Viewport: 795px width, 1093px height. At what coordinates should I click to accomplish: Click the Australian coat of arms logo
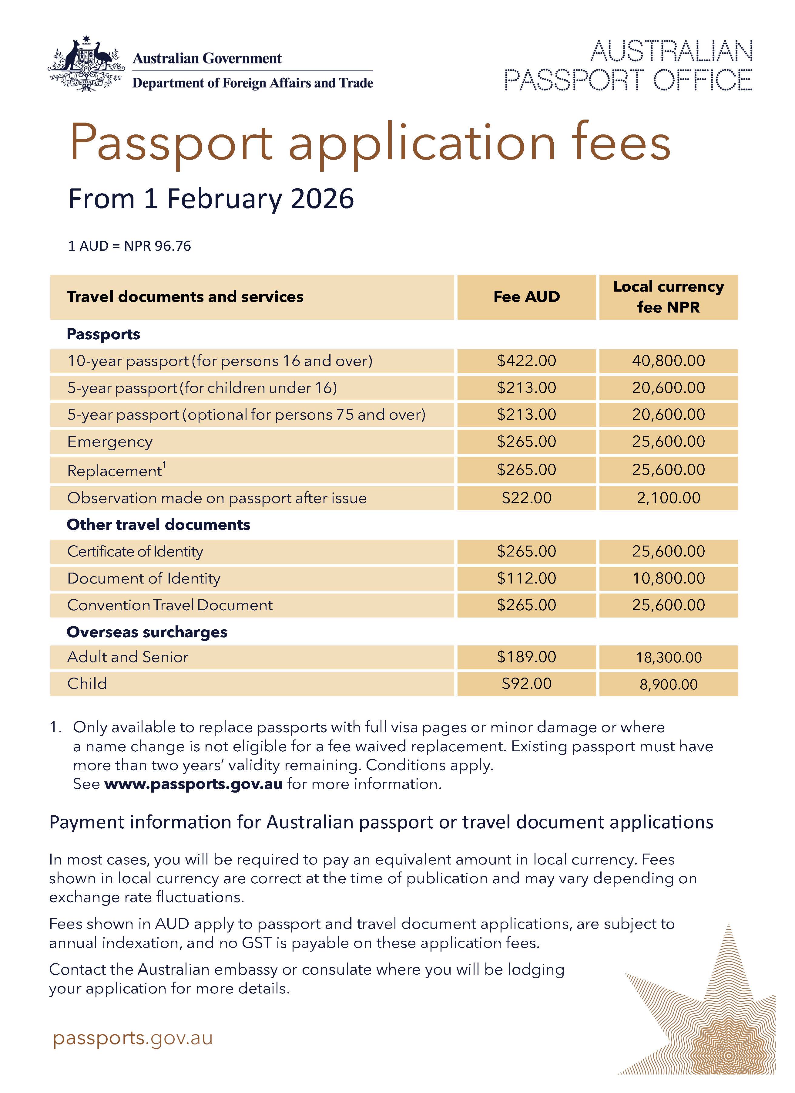86,64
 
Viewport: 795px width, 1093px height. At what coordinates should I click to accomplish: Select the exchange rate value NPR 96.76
157,246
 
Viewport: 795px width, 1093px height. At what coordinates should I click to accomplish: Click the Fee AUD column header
526,297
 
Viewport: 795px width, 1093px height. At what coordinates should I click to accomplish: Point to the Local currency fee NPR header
668,297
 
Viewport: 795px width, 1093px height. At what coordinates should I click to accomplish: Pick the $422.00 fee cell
526,361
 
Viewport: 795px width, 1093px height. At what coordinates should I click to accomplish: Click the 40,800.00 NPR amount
668,361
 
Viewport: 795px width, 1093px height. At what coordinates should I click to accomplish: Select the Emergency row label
110,442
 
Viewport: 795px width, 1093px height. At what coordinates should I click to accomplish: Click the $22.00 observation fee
526,498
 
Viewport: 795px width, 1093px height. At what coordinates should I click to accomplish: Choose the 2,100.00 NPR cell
668,498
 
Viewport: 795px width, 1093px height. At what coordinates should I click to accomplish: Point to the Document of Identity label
143,578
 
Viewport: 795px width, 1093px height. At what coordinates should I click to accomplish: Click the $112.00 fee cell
526,578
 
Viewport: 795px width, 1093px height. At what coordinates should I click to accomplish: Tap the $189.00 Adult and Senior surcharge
526,657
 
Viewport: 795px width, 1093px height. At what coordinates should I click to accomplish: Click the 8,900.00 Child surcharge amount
668,684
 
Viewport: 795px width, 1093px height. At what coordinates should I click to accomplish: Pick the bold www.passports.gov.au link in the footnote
193,784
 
